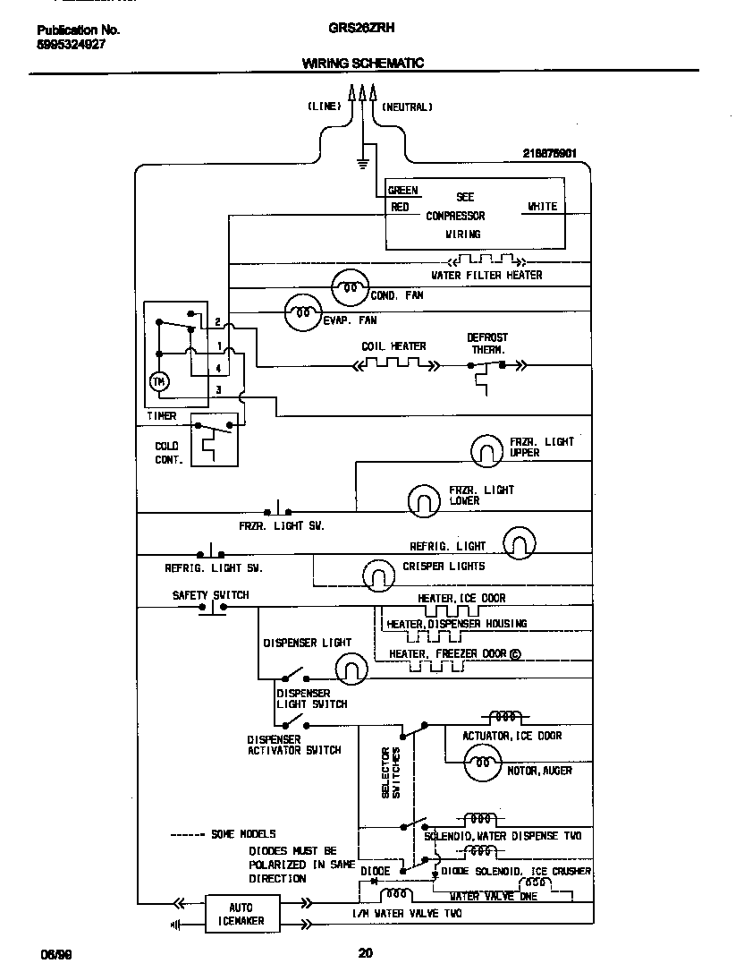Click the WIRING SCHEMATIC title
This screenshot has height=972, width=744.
(x=362, y=64)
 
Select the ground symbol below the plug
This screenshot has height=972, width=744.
(x=363, y=163)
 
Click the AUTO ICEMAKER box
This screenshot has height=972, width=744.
(x=234, y=914)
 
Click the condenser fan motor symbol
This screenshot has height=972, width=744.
(x=349, y=288)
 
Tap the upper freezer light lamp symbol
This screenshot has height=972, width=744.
(x=487, y=451)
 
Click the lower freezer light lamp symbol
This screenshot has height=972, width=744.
(x=425, y=500)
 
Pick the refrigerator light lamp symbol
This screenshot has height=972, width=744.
(x=520, y=542)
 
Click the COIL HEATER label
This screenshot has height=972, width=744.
(x=393, y=346)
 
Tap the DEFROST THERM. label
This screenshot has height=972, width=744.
(x=487, y=344)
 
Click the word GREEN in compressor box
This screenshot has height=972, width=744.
(x=402, y=191)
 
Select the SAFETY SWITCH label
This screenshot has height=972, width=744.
(x=210, y=595)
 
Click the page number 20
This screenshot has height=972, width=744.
(x=365, y=953)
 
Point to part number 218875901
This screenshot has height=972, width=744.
(x=555, y=153)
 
